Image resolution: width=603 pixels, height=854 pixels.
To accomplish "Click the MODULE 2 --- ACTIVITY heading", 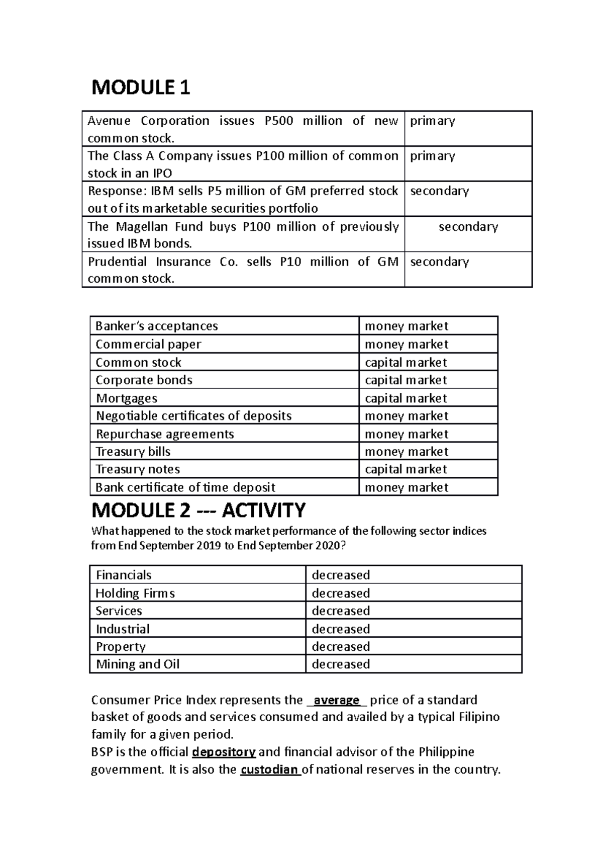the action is tap(198, 510).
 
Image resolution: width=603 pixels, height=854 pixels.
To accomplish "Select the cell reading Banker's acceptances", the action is tap(156, 326).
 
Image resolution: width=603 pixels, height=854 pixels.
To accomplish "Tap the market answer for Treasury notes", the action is tap(406, 469).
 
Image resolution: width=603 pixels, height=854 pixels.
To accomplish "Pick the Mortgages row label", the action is tap(127, 398).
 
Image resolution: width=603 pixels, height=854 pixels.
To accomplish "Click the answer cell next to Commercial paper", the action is tap(406, 345).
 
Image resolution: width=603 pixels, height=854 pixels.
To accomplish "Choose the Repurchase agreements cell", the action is tap(165, 434).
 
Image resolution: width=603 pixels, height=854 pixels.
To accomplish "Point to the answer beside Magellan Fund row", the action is tap(468, 227).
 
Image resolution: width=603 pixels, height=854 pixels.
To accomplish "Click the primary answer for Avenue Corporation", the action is tap(433, 121).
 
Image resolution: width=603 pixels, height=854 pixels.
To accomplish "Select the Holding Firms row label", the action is tap(135, 593).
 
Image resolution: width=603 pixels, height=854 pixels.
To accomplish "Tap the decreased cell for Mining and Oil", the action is tap(341, 664).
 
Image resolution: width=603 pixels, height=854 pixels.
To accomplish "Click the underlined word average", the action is tap(336, 700).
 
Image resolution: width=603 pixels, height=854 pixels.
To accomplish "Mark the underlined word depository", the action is tap(224, 752).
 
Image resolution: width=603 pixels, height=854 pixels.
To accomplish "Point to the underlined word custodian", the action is tap(270, 770).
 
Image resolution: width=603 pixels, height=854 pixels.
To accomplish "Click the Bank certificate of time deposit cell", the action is tap(185, 487).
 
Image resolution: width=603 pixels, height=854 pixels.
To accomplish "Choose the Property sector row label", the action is tap(121, 647).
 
